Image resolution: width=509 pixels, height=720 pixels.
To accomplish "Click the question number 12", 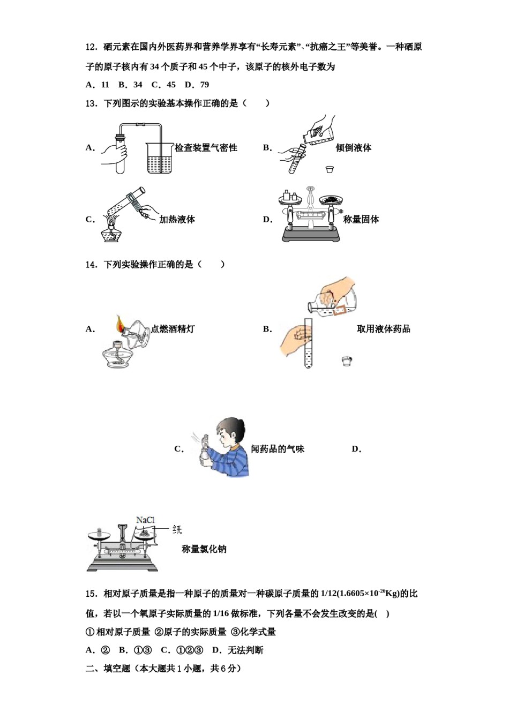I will [91, 47].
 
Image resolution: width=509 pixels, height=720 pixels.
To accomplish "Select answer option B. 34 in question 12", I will [131, 85].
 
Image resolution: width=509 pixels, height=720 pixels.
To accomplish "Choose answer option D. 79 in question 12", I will [197, 85].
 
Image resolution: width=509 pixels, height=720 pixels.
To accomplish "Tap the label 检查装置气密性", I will [206, 148].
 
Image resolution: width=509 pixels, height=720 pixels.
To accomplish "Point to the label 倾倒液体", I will [353, 148].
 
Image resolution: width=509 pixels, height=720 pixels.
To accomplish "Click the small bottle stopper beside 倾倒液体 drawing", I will [330, 169].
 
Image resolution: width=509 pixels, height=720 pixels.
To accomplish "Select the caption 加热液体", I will [177, 219].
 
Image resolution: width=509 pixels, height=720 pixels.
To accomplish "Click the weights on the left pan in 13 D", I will [290, 196].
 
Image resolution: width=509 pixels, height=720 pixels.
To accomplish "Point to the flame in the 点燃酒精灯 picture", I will [120, 324].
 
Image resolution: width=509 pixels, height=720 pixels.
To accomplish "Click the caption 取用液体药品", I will [383, 329].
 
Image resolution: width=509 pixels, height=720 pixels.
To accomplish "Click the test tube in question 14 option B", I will [308, 343].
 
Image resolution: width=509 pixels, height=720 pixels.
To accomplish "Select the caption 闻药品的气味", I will [277, 449].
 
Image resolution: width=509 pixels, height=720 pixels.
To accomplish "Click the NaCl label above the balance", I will [145, 520].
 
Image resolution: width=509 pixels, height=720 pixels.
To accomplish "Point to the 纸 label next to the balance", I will [177, 530].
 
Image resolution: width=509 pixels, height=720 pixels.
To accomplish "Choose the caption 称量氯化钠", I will [204, 549].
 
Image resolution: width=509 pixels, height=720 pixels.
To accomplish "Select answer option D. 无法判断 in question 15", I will [237, 650].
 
